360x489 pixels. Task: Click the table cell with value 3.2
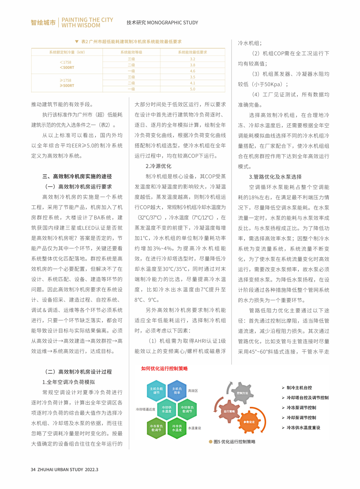click(193, 59)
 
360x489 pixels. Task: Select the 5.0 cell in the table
click(193, 89)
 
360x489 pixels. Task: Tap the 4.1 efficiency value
click(193, 83)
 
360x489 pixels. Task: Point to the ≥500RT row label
click(67, 86)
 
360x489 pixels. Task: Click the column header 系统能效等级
click(131, 52)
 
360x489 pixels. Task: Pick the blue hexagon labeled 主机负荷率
click(177, 391)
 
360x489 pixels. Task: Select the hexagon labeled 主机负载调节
click(156, 391)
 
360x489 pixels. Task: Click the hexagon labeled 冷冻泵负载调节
click(156, 428)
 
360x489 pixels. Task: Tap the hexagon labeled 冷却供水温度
click(167, 409)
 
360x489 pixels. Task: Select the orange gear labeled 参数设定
click(249, 422)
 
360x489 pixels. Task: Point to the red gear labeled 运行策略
click(229, 411)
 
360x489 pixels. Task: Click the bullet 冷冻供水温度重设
click(303, 428)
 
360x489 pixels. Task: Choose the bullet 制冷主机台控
click(299, 388)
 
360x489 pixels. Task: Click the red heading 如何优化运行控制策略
click(165, 369)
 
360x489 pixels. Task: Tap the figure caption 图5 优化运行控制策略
click(234, 442)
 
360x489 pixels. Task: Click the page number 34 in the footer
click(33, 470)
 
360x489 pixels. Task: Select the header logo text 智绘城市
click(43, 23)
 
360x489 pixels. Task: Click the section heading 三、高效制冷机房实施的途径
click(77, 177)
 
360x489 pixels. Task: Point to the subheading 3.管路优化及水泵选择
click(275, 177)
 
